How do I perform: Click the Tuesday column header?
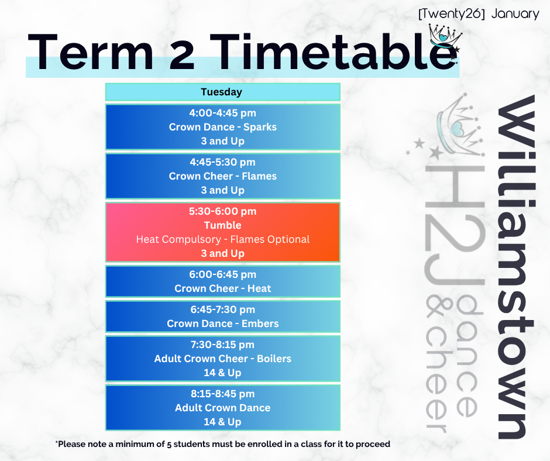[221, 92]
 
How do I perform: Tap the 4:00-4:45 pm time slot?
[223, 113]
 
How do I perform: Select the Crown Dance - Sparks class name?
[223, 127]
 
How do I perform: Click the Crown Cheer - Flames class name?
[223, 176]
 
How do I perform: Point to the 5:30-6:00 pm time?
[223, 211]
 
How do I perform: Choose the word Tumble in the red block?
[223, 225]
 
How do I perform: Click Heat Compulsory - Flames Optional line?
[223, 239]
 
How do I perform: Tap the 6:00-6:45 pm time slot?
[223, 274]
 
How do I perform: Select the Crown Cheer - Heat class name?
[223, 288]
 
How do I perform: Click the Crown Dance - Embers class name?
[223, 324]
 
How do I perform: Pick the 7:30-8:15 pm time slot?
[223, 345]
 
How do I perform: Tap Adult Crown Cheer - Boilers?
[223, 359]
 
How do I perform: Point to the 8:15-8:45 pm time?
[223, 394]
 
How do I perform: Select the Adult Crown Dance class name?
[223, 408]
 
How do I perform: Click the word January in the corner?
[515, 14]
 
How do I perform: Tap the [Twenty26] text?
[452, 14]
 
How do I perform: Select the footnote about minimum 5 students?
[223, 444]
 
